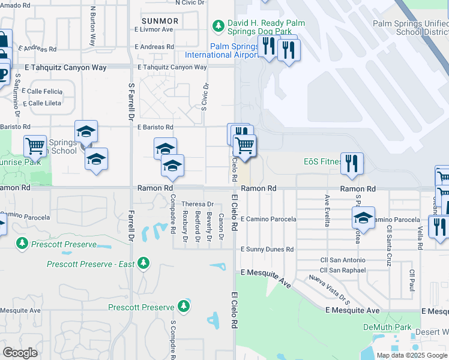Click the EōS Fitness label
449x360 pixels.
(x=322, y=161)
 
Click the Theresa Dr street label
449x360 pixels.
(x=193, y=204)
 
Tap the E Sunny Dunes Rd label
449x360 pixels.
(x=267, y=249)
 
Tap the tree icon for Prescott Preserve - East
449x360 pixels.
(x=143, y=263)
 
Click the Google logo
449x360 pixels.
(x=20, y=353)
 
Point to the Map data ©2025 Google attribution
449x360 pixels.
(x=412, y=355)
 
